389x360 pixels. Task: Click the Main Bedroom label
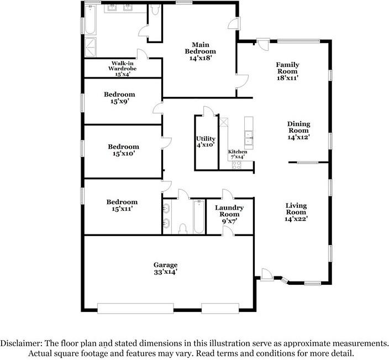[x=200, y=51]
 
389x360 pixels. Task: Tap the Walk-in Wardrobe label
[x=122, y=69]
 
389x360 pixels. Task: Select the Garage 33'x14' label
[x=165, y=268]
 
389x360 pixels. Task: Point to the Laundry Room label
[x=229, y=214]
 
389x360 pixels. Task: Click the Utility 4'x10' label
[x=206, y=142]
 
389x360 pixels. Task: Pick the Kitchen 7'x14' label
[x=238, y=154]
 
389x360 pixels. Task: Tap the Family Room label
[x=287, y=71]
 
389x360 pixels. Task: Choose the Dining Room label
[x=299, y=131]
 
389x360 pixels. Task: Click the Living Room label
[x=296, y=212]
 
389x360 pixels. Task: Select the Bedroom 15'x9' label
[x=119, y=97]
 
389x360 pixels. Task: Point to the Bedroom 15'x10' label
[x=124, y=150]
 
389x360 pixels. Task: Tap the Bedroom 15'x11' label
[x=122, y=205]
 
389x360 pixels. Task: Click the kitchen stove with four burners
[x=236, y=165]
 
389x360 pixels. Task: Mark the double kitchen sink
[x=249, y=138]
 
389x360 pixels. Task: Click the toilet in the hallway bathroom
[x=183, y=228]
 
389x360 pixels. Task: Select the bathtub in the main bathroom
[x=90, y=20]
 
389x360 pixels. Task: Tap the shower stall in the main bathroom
[x=91, y=47]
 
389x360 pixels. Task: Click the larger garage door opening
[x=135, y=309]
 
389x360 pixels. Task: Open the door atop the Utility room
[x=208, y=111]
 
